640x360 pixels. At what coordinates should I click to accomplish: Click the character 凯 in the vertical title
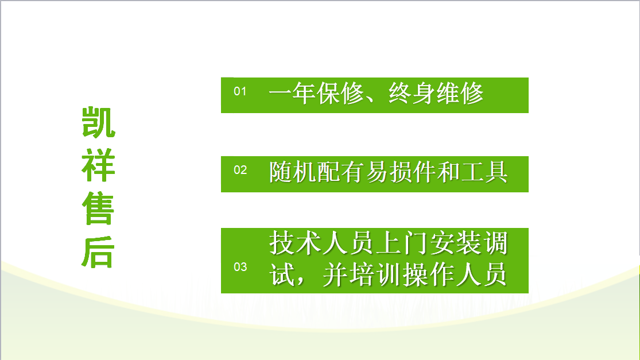(x=98, y=122)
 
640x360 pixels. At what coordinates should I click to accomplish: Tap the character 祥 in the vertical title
(x=98, y=165)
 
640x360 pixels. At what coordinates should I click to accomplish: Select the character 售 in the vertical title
(x=98, y=208)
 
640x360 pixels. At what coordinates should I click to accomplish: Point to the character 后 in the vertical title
(x=98, y=252)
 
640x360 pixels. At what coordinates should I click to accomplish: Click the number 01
(x=240, y=91)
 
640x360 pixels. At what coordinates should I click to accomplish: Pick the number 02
(x=240, y=170)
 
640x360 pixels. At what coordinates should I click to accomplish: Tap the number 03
(x=240, y=267)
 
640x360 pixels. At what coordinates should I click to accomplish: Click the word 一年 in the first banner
(x=292, y=94)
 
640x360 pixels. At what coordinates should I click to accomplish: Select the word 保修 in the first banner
(x=340, y=94)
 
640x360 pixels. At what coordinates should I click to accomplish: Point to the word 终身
(x=412, y=94)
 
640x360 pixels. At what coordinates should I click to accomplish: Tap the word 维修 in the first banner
(x=460, y=94)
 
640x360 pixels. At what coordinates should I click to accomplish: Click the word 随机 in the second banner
(x=292, y=172)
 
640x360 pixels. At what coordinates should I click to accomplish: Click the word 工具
(x=484, y=172)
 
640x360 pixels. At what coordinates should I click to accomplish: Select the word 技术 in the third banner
(x=292, y=243)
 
